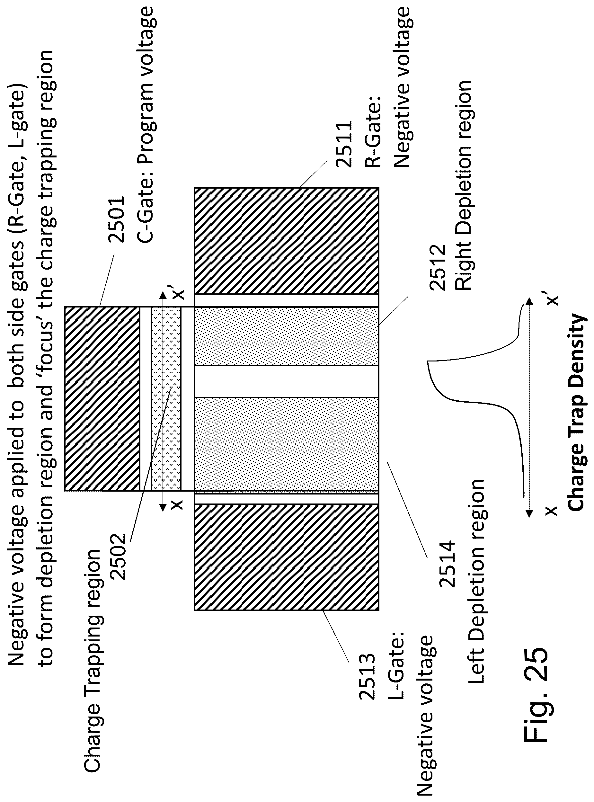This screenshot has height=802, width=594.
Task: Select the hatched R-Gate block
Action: (x=286, y=241)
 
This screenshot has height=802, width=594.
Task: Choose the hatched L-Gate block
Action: (x=286, y=557)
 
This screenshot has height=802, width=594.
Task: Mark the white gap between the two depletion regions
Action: (x=286, y=381)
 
